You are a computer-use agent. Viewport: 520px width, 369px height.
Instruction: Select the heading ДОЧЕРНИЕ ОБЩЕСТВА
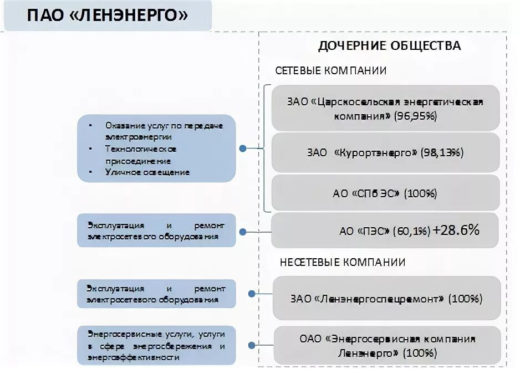(x=389, y=46)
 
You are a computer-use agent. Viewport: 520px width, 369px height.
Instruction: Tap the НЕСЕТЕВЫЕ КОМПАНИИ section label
(x=343, y=262)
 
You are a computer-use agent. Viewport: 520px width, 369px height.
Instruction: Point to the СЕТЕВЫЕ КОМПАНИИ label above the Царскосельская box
(x=331, y=71)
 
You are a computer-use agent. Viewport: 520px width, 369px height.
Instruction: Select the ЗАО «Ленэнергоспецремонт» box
(x=386, y=299)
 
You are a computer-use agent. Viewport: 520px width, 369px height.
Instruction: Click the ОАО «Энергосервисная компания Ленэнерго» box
(x=386, y=345)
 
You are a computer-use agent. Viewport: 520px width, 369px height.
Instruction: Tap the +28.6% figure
(x=456, y=230)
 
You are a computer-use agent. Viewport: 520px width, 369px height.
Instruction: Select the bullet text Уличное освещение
(x=147, y=172)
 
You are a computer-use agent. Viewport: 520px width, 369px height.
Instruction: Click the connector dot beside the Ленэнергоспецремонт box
(x=252, y=295)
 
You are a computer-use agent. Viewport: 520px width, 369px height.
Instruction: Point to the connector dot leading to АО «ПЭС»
(x=241, y=231)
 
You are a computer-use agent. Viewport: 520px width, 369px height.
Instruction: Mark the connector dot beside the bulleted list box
(x=242, y=148)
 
